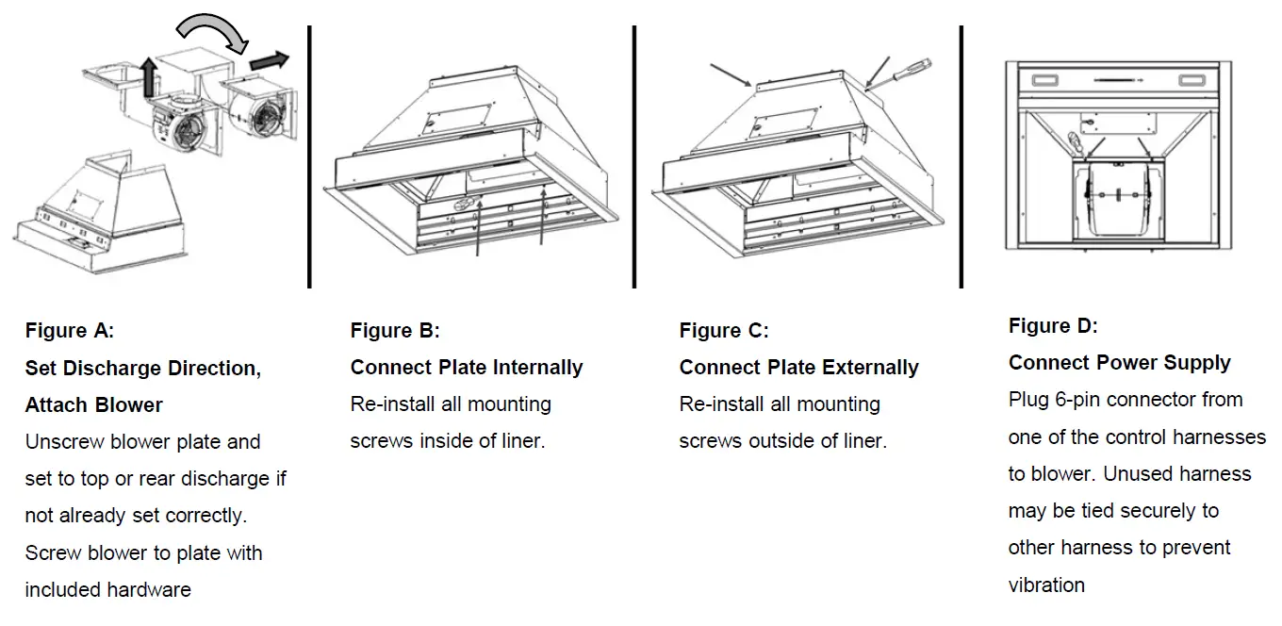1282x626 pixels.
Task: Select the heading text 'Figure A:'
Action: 70,331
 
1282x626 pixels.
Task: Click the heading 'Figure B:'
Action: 395,331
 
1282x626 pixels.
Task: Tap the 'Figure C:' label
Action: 724,331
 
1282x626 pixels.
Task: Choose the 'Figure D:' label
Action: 1053,326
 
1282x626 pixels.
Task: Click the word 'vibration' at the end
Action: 1046,585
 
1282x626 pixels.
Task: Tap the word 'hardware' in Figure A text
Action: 148,590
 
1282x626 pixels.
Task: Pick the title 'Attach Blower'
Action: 94,405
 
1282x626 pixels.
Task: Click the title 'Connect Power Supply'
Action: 1119,363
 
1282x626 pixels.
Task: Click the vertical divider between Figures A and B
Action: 309,156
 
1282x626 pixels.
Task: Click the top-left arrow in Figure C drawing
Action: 731,75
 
